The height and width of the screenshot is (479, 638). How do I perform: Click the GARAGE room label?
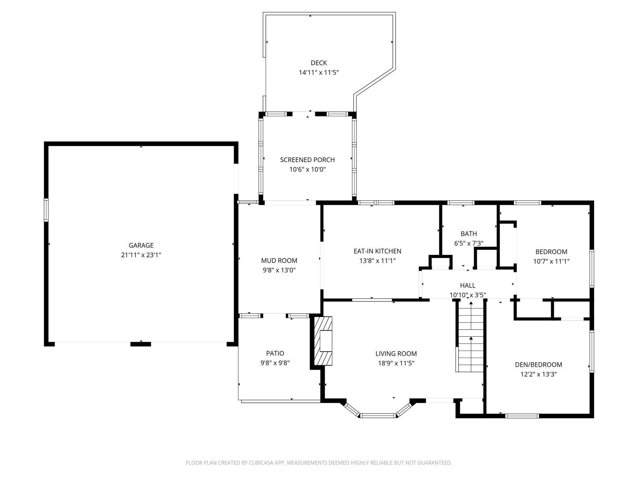141,245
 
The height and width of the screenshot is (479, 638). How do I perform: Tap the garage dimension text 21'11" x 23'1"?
141,255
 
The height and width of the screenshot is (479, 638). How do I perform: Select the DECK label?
319,63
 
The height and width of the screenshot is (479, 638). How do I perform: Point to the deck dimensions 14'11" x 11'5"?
319,73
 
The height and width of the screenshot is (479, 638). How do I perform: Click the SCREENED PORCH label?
307,160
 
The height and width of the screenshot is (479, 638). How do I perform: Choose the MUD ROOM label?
279,261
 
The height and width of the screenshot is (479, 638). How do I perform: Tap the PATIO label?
275,353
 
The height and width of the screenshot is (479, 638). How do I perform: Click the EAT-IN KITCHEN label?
377,251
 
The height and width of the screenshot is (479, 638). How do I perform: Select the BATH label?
469,234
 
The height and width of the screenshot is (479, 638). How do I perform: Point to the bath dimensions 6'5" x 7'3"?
469,244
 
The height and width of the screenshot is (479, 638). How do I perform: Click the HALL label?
468,286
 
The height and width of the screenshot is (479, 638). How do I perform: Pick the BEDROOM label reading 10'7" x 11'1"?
551,252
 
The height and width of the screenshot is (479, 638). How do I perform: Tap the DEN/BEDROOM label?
538,365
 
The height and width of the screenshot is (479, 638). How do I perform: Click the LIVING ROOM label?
396,354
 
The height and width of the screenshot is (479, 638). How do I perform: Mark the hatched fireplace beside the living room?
323,341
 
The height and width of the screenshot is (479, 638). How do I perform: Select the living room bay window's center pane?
378,415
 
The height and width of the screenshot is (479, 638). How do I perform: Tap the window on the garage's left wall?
46,210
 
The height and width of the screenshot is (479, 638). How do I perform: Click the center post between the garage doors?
140,344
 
